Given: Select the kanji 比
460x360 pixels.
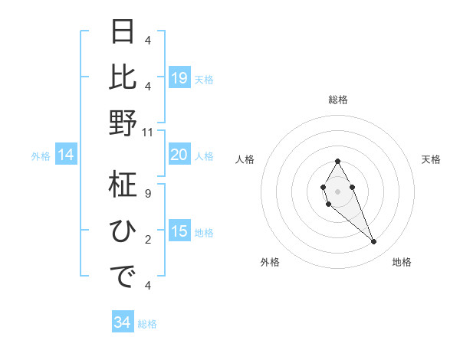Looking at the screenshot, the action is point(123,77).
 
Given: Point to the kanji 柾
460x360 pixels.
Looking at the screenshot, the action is point(123,185).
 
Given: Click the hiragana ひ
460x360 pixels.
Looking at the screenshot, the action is point(123,230).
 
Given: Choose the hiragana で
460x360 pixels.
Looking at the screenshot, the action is point(123,276).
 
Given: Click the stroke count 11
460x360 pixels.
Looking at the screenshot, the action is point(148,132).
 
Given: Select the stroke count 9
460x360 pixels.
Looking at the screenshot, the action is point(148,194).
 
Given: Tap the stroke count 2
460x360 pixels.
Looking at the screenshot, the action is point(148,240).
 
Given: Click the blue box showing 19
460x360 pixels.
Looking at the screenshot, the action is point(179,78).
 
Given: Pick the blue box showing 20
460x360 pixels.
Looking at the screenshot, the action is point(179,155).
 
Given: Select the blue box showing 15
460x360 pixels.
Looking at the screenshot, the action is point(179,232).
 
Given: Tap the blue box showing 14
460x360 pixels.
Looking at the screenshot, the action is point(66,155).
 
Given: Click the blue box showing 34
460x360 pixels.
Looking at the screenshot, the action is point(122,323).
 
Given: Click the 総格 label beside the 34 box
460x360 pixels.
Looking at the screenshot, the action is point(147,324).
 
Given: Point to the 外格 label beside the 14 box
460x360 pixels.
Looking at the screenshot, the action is point(41,156).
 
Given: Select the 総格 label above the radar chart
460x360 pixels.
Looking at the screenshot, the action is point(337,100).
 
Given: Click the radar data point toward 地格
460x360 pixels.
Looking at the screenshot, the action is point(374,242).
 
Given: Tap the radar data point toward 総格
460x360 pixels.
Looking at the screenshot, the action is point(337,161).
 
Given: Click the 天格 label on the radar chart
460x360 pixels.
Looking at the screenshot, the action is point(431,159).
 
